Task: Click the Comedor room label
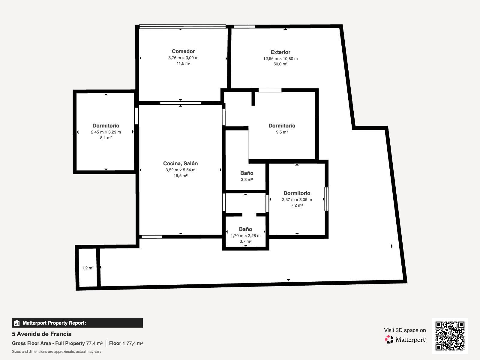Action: point(183,51)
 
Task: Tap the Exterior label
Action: point(280,52)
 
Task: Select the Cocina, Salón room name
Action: point(180,163)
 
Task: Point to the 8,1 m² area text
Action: point(106,138)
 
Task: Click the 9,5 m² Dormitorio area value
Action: point(282,132)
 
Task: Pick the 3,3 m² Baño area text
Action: point(247,179)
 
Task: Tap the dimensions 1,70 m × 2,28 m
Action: point(245,235)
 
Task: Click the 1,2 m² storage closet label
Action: point(88,268)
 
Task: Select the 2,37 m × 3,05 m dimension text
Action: point(297,199)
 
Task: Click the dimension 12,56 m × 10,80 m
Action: point(280,58)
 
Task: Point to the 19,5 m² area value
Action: point(180,175)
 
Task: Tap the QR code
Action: point(450,336)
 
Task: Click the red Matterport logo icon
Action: point(389,340)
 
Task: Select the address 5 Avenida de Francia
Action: point(42,334)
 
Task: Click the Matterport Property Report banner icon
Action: point(16,323)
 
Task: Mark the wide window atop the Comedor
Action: point(183,27)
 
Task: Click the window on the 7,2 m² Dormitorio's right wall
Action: point(326,199)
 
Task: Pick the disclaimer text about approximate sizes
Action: point(56,352)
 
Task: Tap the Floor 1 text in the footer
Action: point(117,343)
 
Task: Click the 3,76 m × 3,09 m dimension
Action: point(183,58)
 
